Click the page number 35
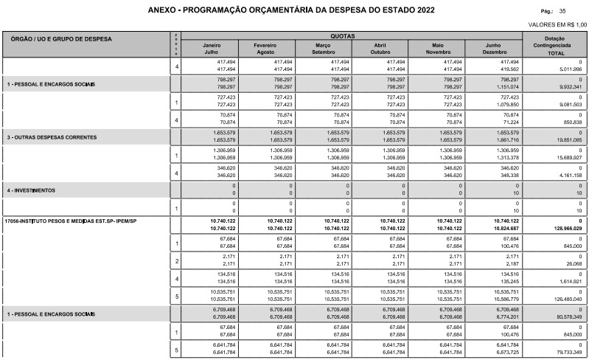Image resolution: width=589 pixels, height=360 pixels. tap(562, 12)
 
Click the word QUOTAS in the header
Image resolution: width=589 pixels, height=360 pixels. tap(342, 35)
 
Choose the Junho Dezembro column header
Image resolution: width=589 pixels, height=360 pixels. tap(492, 49)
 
